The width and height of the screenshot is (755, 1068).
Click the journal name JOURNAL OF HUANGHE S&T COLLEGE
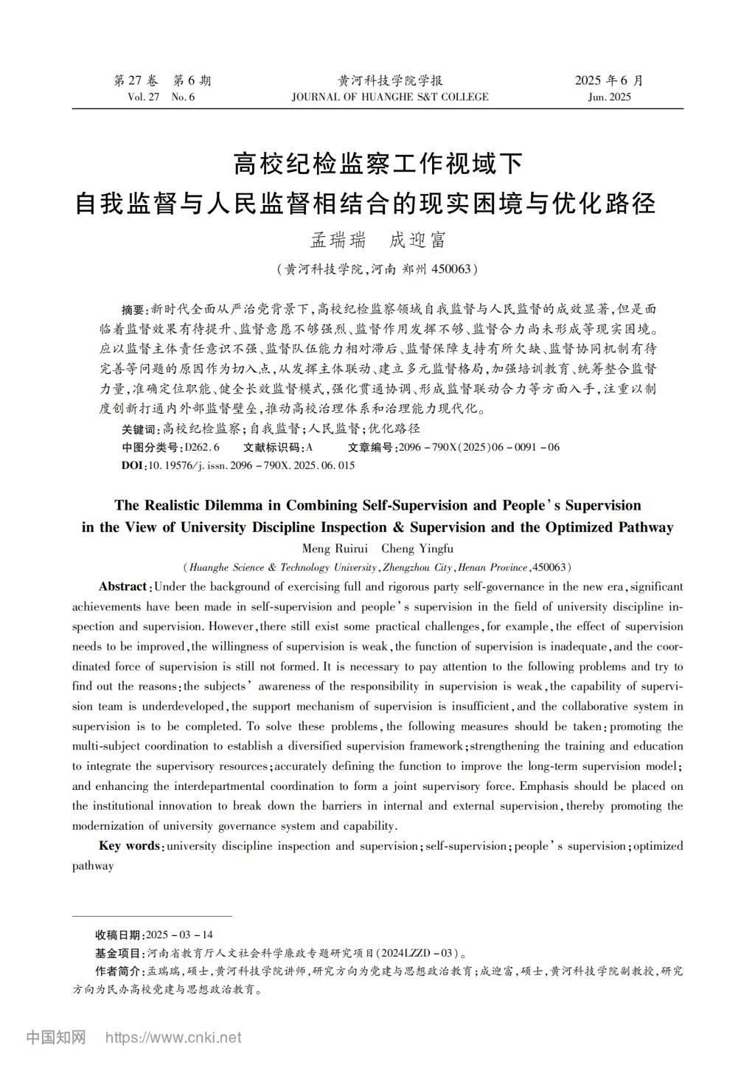[x=389, y=97]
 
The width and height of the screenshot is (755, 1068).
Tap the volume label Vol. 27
[x=143, y=97]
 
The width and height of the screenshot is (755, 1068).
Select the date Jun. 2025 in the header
[x=609, y=97]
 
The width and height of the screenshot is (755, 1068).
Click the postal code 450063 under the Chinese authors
[x=450, y=269]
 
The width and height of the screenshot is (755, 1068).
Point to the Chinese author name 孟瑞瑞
[x=338, y=240]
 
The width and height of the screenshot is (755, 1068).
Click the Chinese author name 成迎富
[x=417, y=240]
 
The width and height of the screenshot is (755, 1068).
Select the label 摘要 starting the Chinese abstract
[x=133, y=308]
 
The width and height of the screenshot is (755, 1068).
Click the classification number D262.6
[x=202, y=447]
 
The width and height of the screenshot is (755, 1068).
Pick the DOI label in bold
[x=133, y=465]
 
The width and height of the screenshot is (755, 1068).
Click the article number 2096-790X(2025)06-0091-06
[x=479, y=447]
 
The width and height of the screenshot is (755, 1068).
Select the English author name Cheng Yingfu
[x=417, y=549]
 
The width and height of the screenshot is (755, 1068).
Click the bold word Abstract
[x=123, y=586]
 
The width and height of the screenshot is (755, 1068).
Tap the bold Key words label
[x=130, y=846]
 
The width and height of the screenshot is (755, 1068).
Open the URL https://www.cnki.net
[x=173, y=1038]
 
